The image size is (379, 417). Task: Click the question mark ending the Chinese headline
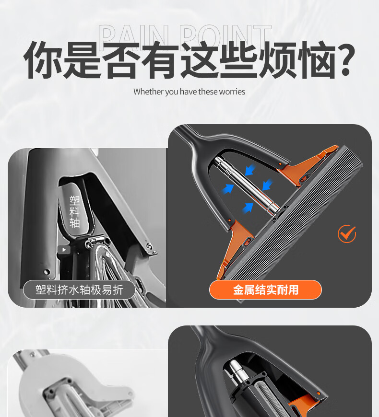[345, 60]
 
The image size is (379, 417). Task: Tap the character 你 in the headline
[43, 60]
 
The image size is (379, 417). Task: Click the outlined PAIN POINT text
[185, 37]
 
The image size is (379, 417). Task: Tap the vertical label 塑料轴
[74, 212]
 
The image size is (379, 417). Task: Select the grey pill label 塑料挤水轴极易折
[79, 290]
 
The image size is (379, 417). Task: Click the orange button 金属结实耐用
[265, 290]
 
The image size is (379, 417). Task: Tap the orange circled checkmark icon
[347, 234]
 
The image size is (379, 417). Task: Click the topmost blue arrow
[249, 170]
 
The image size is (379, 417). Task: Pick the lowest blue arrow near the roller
[248, 208]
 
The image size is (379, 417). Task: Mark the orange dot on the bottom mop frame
[319, 394]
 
